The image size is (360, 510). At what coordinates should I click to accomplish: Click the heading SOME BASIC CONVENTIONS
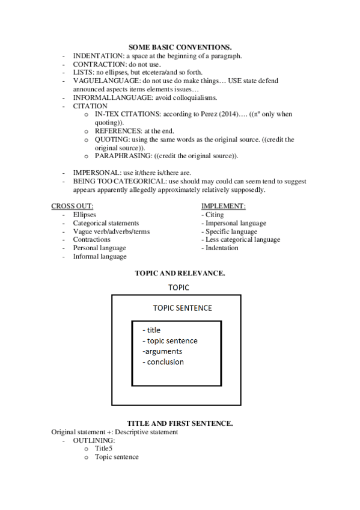tap(180, 47)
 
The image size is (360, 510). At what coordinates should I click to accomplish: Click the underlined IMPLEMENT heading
tap(223, 206)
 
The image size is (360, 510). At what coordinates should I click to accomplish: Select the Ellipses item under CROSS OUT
tap(84, 215)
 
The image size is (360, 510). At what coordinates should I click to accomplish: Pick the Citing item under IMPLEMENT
tap(215, 215)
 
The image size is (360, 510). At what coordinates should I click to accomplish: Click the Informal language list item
tap(100, 256)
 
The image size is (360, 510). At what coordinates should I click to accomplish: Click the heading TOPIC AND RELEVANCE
tap(180, 273)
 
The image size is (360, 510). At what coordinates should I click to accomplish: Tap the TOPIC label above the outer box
tap(179, 288)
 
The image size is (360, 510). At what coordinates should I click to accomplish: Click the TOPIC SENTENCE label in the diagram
tap(182, 308)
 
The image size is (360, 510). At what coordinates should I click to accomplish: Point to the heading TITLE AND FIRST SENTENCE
tap(180, 424)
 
